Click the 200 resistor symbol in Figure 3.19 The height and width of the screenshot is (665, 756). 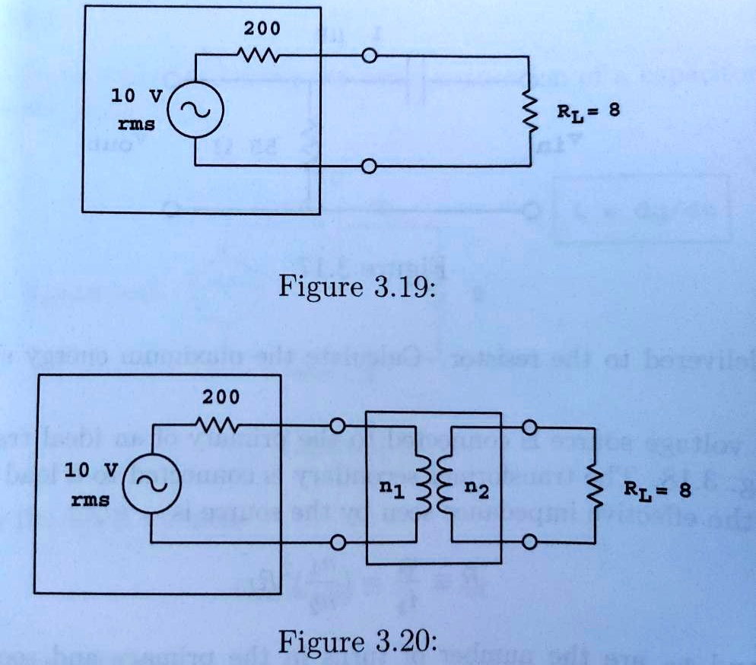pyautogui.click(x=261, y=56)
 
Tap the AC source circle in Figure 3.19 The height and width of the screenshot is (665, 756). pyautogui.click(x=194, y=110)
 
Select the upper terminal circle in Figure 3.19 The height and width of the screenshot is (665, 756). pyautogui.click(x=370, y=56)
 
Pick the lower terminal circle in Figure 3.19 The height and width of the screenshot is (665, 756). pyautogui.click(x=370, y=166)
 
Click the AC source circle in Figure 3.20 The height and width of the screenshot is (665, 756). pyautogui.click(x=151, y=485)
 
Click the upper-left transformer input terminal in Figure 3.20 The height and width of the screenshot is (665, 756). pyautogui.click(x=339, y=425)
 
